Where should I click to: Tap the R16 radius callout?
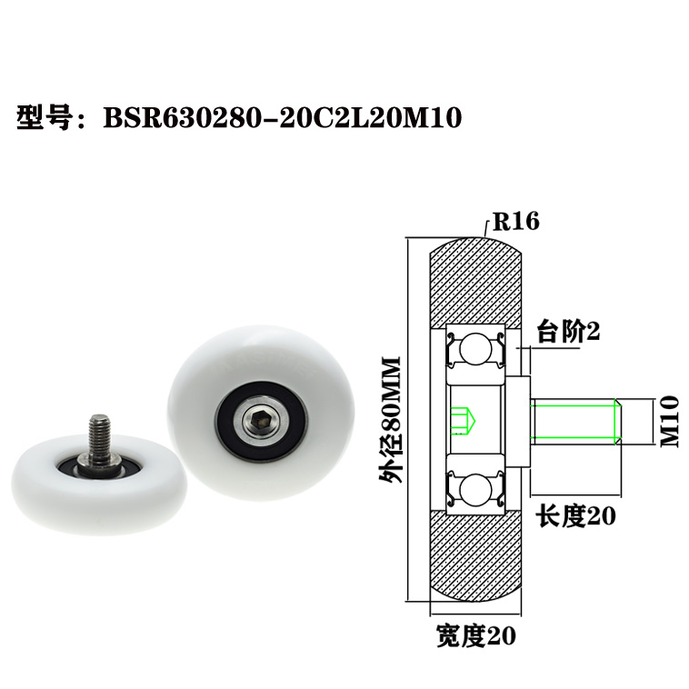click(x=515, y=221)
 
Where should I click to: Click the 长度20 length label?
click(x=575, y=516)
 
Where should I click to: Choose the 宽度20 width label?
click(x=475, y=636)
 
